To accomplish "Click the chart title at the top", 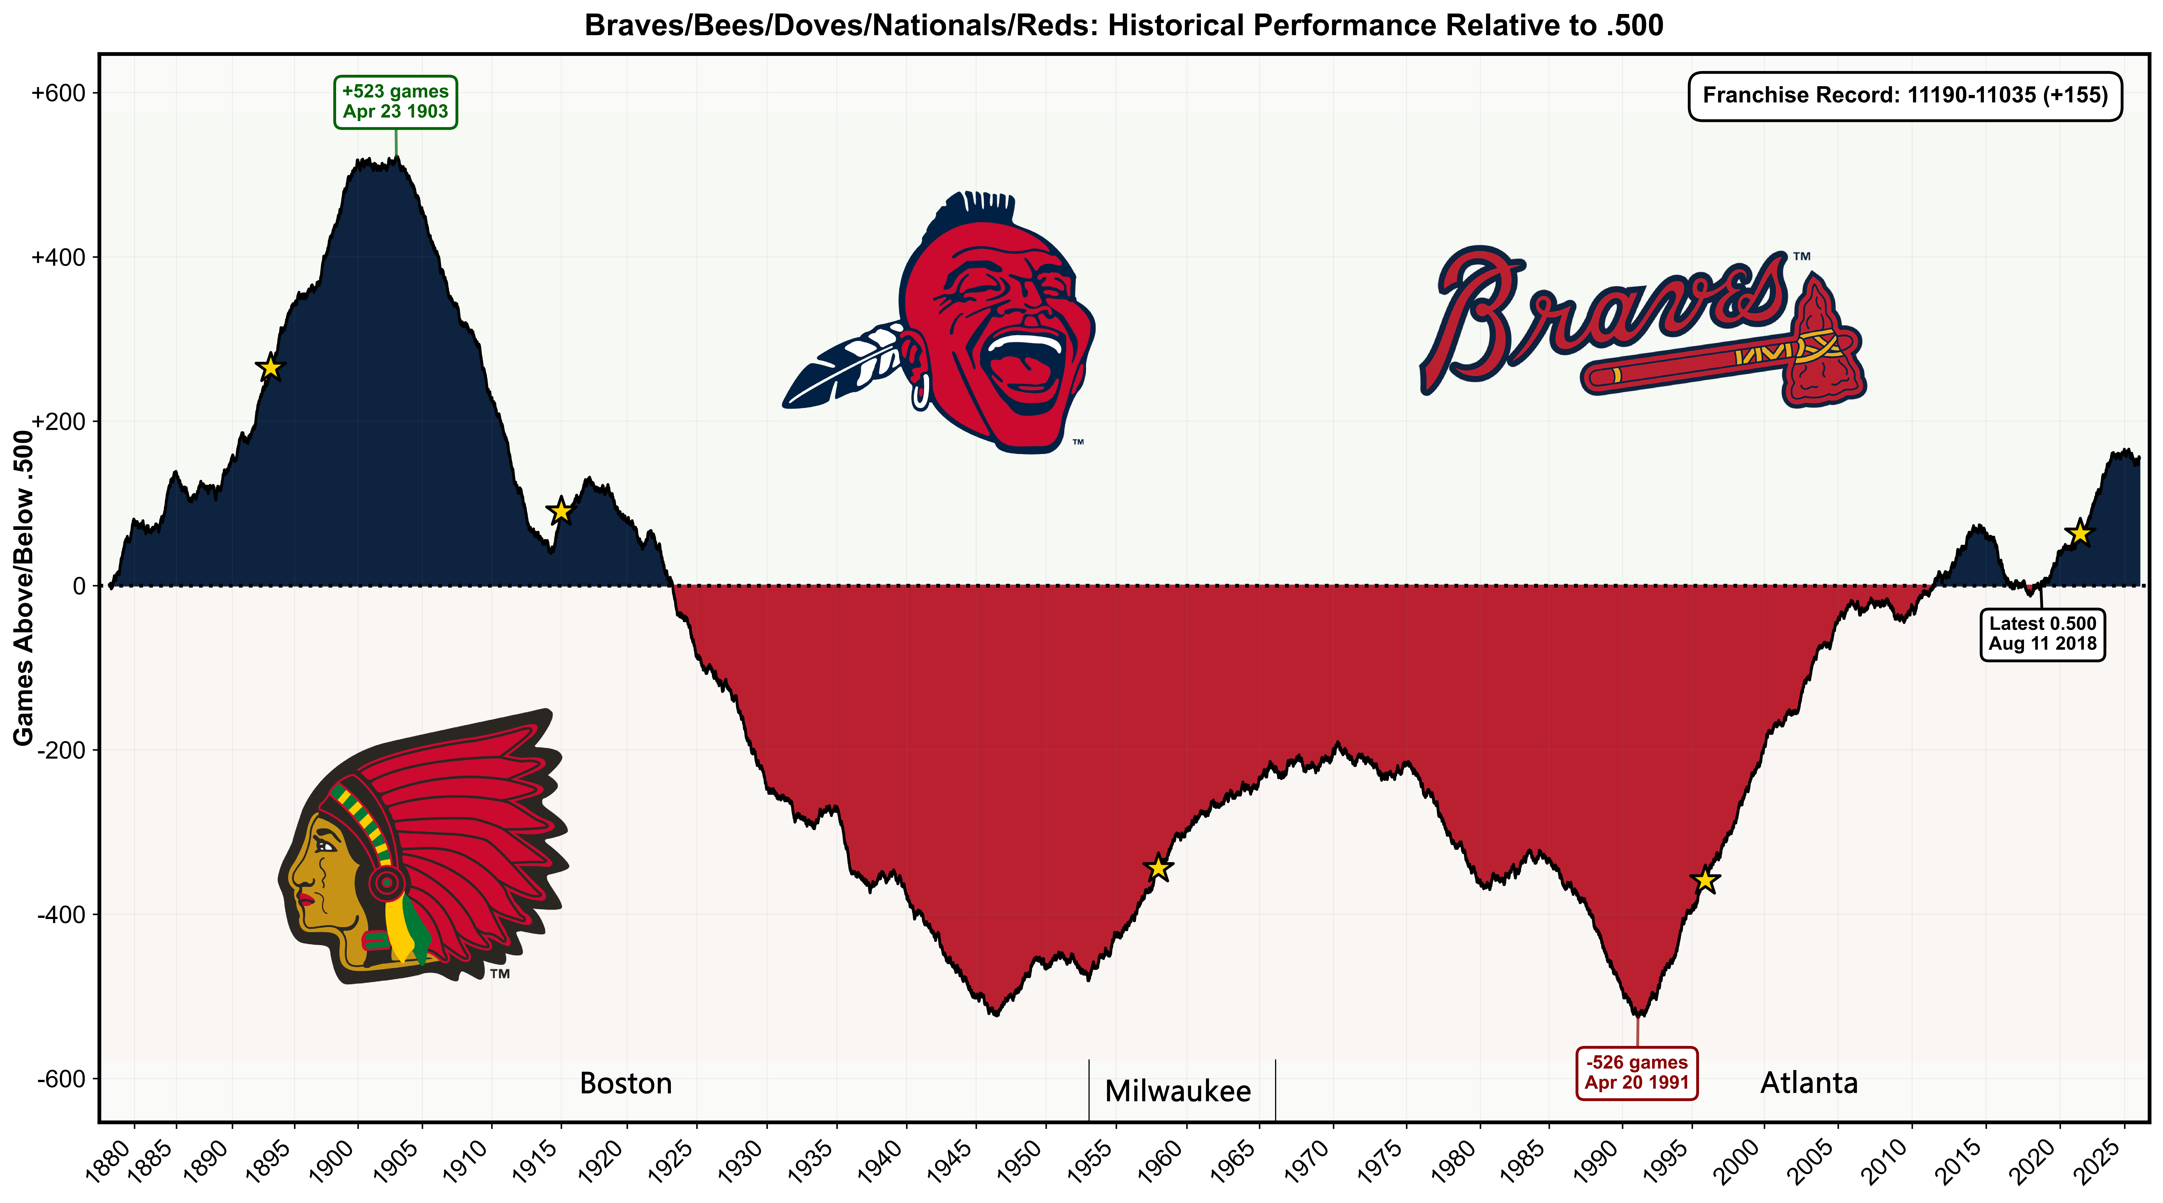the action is point(1123,26).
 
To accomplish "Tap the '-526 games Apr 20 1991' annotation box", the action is point(1636,1073).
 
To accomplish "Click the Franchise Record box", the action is point(1904,96).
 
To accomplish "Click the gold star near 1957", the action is point(1159,867).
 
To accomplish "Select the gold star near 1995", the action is point(1705,880).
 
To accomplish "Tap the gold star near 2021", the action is point(2079,532).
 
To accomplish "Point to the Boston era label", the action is point(626,1083).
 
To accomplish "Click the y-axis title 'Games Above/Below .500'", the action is point(23,588).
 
